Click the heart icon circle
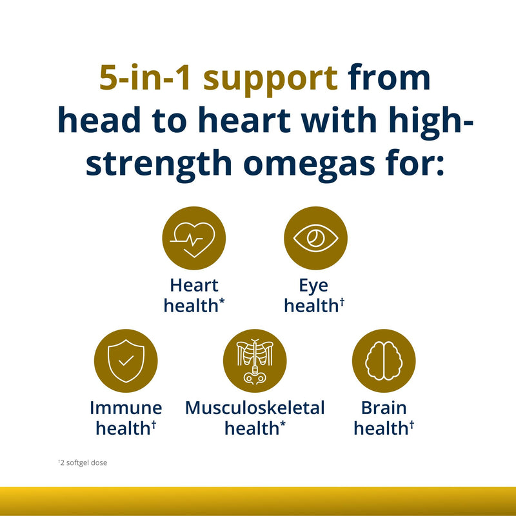(193, 239)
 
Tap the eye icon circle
(315, 239)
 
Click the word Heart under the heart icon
(194, 286)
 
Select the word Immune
(126, 408)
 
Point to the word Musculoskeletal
(255, 408)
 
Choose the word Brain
(384, 408)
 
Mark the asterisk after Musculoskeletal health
(282, 424)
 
